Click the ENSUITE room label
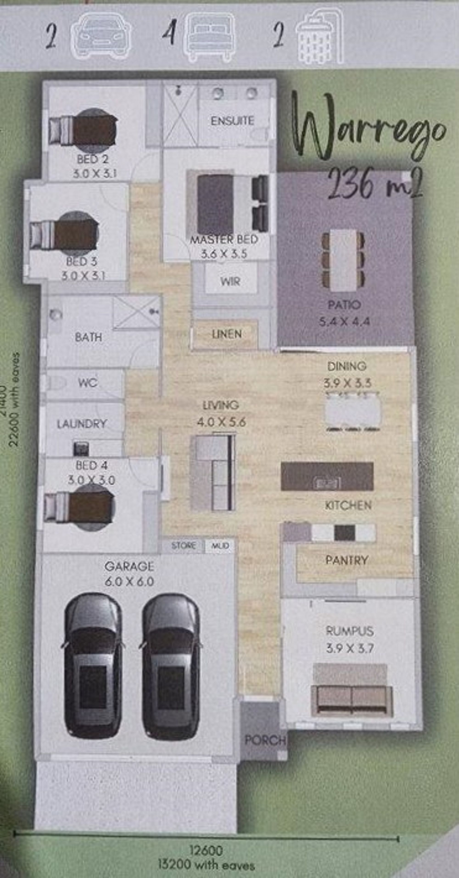tap(232, 121)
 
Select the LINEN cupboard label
tap(227, 334)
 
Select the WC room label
tap(88, 383)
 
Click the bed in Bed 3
tap(65, 234)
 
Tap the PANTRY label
tap(347, 560)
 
